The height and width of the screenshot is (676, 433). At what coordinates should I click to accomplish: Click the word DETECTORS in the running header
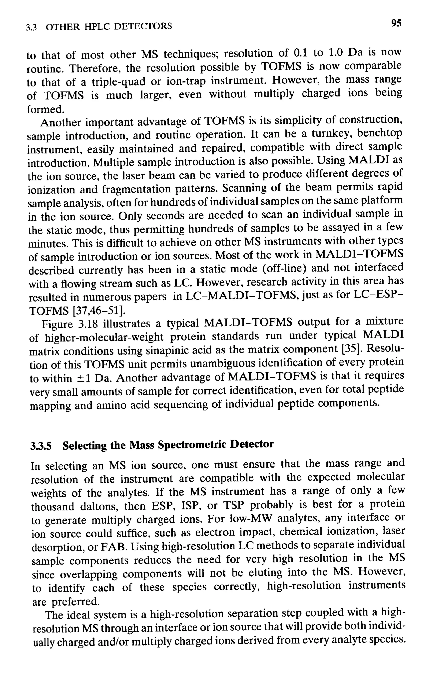pyautogui.click(x=143, y=26)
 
